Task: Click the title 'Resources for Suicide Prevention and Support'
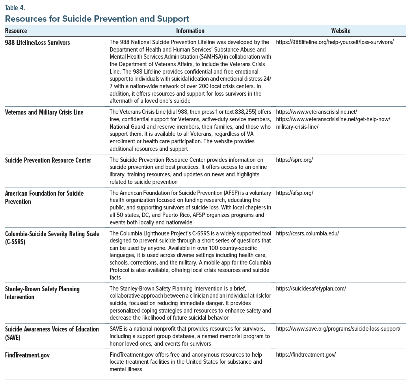[97, 19]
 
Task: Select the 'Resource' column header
[16, 31]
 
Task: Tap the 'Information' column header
[190, 31]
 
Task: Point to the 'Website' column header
[341, 31]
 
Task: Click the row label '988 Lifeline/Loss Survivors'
[37, 42]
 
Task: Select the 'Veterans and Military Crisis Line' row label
[44, 112]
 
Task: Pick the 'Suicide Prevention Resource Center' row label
[48, 160]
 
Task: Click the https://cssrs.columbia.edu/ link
[307, 233]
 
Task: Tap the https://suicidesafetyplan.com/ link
[311, 289]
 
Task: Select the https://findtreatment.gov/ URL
[306, 355]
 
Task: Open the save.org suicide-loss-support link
[338, 329]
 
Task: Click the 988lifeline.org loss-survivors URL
[335, 42]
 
